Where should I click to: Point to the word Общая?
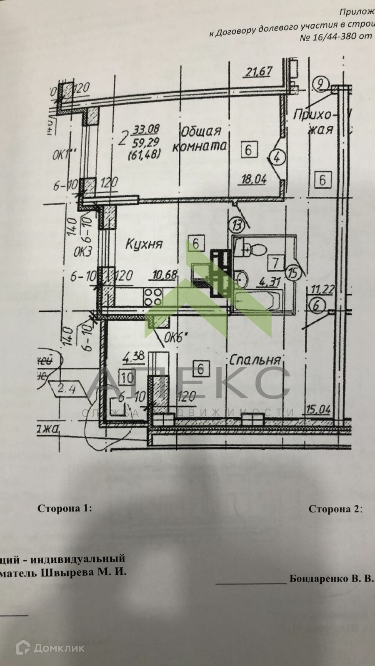[200, 132]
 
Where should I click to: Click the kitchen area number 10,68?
[165, 275]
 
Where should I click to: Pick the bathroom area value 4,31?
[269, 283]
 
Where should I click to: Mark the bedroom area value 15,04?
[318, 410]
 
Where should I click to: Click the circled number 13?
[237, 226]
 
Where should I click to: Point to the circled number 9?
[320, 84]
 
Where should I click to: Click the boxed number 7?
[275, 263]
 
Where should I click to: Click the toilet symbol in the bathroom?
[255, 249]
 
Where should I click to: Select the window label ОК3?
[82, 251]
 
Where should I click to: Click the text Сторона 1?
[64, 508]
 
